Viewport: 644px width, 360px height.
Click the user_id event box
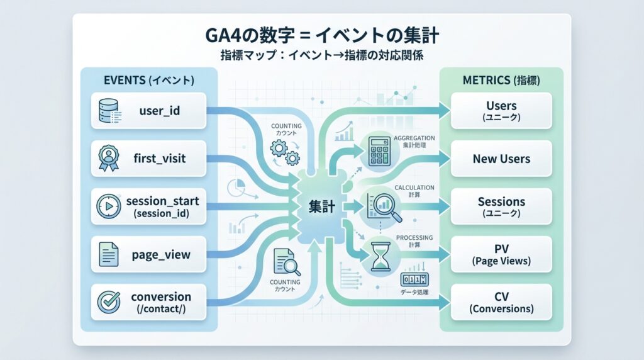click(x=148, y=111)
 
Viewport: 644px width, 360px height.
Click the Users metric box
click(x=501, y=111)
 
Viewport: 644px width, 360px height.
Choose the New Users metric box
click(x=501, y=159)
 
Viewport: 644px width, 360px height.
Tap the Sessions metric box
click(x=501, y=206)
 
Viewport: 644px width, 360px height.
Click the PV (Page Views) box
click(x=501, y=254)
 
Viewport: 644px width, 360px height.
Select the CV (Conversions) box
click(x=501, y=302)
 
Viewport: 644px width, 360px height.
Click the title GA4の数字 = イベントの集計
click(x=322, y=35)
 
